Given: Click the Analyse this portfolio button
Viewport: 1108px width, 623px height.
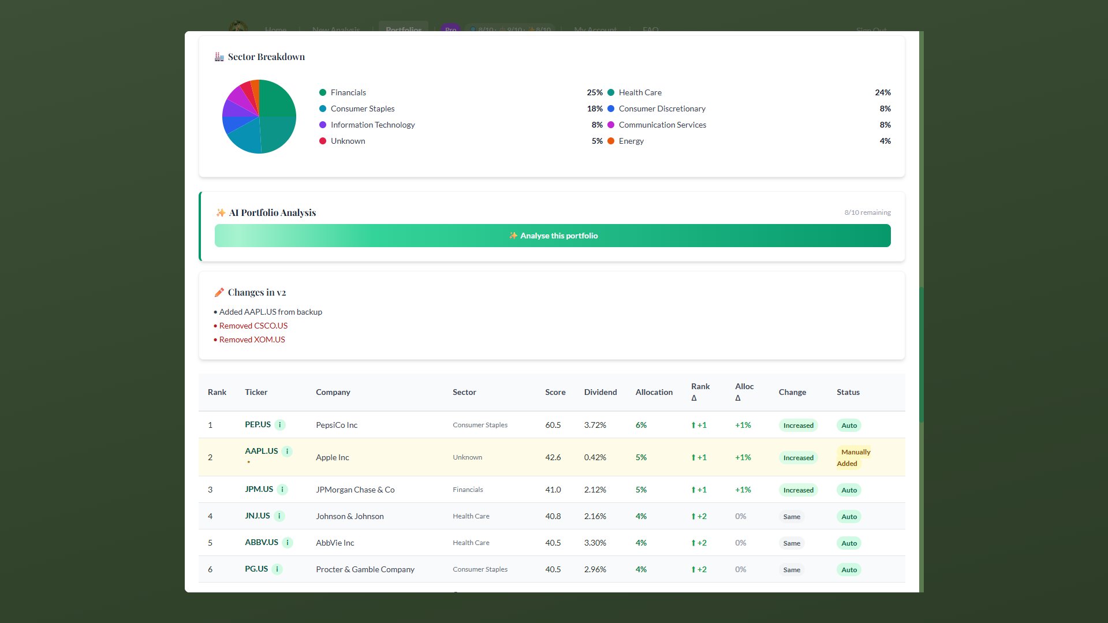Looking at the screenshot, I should pyautogui.click(x=553, y=236).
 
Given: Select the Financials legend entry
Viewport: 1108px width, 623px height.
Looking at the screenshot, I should pyautogui.click(x=348, y=92).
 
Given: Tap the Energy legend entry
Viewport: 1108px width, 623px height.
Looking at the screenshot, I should pyautogui.click(x=631, y=141).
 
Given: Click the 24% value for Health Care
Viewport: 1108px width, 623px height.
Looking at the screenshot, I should pyautogui.click(x=882, y=92).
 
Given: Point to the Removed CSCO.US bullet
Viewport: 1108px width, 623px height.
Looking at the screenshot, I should pyautogui.click(x=253, y=326).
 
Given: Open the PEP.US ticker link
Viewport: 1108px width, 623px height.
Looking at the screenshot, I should pyautogui.click(x=258, y=424).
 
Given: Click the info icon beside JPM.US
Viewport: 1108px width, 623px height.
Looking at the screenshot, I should pyautogui.click(x=282, y=490).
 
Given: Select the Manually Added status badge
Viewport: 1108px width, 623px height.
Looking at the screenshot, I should pyautogui.click(x=855, y=458).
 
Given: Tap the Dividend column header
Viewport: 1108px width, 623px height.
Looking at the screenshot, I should pyautogui.click(x=600, y=392).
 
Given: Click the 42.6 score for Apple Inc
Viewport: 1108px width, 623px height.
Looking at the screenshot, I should pyautogui.click(x=553, y=457).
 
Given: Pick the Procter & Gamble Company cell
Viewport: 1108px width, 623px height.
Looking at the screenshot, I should pyautogui.click(x=365, y=569).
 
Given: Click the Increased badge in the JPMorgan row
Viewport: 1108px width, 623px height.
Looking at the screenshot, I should pyautogui.click(x=798, y=490).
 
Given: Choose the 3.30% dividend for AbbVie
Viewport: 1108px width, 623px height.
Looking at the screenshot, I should pyautogui.click(x=595, y=543).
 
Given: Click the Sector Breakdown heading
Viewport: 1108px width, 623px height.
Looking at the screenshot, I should pyautogui.click(x=266, y=57).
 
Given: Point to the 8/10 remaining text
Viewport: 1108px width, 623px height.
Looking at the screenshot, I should pyautogui.click(x=867, y=212).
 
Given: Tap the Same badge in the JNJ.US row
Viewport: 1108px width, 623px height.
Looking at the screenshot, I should pyautogui.click(x=792, y=517).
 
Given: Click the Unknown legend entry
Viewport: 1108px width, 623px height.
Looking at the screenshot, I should pyautogui.click(x=348, y=141).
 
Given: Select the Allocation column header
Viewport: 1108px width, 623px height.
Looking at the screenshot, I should pyautogui.click(x=654, y=392).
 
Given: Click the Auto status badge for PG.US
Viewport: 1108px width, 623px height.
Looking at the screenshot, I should pyautogui.click(x=849, y=570).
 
